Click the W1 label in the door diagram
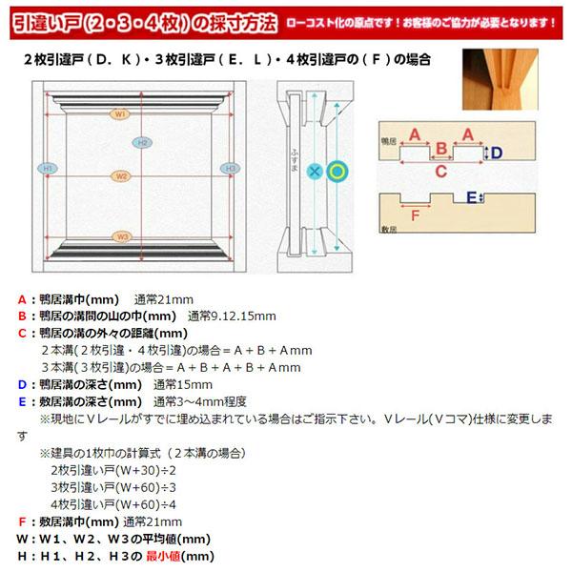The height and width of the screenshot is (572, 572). tap(120, 113)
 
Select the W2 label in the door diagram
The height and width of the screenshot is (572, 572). tap(120, 176)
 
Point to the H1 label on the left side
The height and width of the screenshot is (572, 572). tap(45, 168)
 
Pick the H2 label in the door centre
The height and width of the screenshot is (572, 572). tap(142, 143)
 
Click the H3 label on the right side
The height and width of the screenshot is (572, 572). tap(229, 168)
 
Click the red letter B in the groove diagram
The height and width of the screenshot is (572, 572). tap(441, 150)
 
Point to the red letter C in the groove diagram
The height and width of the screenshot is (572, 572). tap(441, 172)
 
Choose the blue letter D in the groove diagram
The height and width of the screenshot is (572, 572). tap(497, 153)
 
